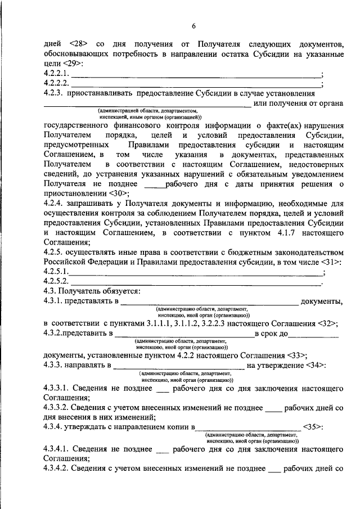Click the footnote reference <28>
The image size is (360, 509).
[x=79, y=43]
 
